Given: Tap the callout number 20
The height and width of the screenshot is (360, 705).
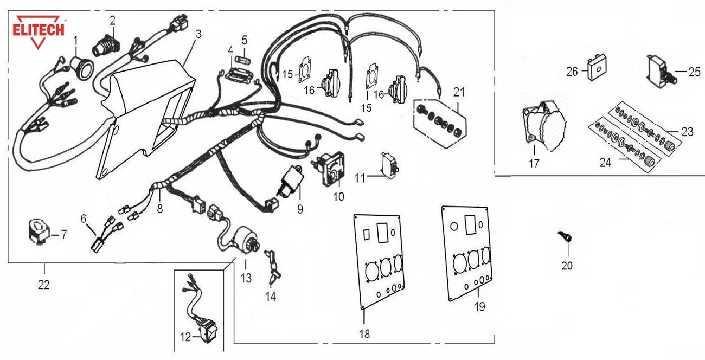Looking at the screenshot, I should [x=567, y=266].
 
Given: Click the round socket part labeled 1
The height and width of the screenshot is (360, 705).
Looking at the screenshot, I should [x=82, y=67].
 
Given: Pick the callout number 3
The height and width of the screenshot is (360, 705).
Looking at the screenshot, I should [x=198, y=34].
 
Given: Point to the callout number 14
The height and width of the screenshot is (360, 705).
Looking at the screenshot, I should [x=270, y=297].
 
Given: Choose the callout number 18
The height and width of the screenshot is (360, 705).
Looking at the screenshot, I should [x=364, y=334].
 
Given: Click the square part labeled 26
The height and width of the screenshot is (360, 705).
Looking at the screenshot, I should [x=595, y=69].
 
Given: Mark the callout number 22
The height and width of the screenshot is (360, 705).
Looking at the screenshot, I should [x=44, y=284].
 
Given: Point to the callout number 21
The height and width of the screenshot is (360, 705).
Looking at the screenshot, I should [x=459, y=93].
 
